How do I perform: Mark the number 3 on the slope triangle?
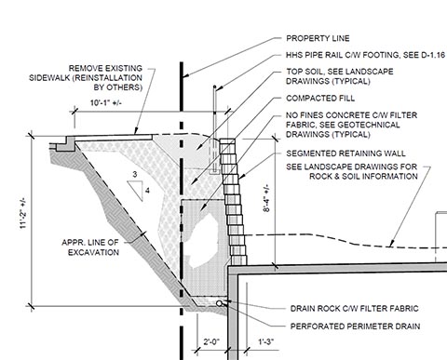[135, 174]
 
